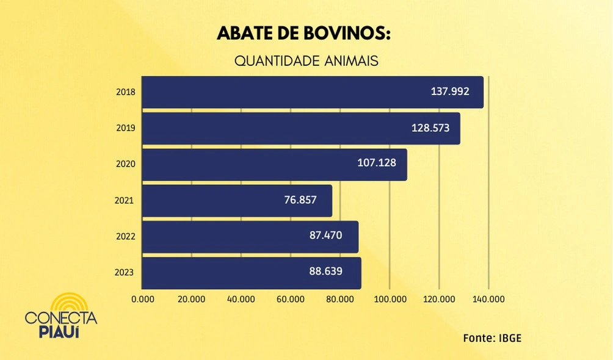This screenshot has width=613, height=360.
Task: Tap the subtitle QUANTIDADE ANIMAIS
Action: (306, 62)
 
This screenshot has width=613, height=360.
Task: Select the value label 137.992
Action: (450, 92)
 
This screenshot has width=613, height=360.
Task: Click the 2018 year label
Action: (125, 92)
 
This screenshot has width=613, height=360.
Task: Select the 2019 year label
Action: (125, 128)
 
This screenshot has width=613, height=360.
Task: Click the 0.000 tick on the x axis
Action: (143, 300)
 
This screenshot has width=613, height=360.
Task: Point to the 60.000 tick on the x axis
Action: (291, 300)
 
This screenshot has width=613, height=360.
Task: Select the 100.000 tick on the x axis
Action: (390, 300)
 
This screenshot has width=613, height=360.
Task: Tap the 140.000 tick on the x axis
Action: (488, 300)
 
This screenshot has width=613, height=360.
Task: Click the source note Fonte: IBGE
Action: (492, 337)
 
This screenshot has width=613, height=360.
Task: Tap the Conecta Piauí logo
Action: (61, 315)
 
